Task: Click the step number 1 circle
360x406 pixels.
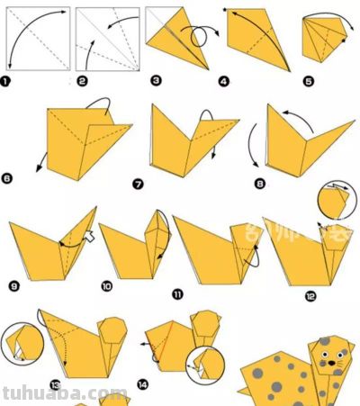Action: coord(8,81)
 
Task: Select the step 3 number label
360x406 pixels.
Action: coord(155,81)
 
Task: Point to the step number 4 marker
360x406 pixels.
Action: coord(224,81)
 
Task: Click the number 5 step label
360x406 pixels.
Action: coord(309,81)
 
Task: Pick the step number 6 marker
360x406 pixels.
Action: coord(8,178)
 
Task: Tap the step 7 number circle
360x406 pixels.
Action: coord(138,185)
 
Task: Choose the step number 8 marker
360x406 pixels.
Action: coord(260,185)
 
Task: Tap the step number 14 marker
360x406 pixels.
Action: coord(143,384)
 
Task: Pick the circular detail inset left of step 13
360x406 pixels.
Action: coord(19,345)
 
